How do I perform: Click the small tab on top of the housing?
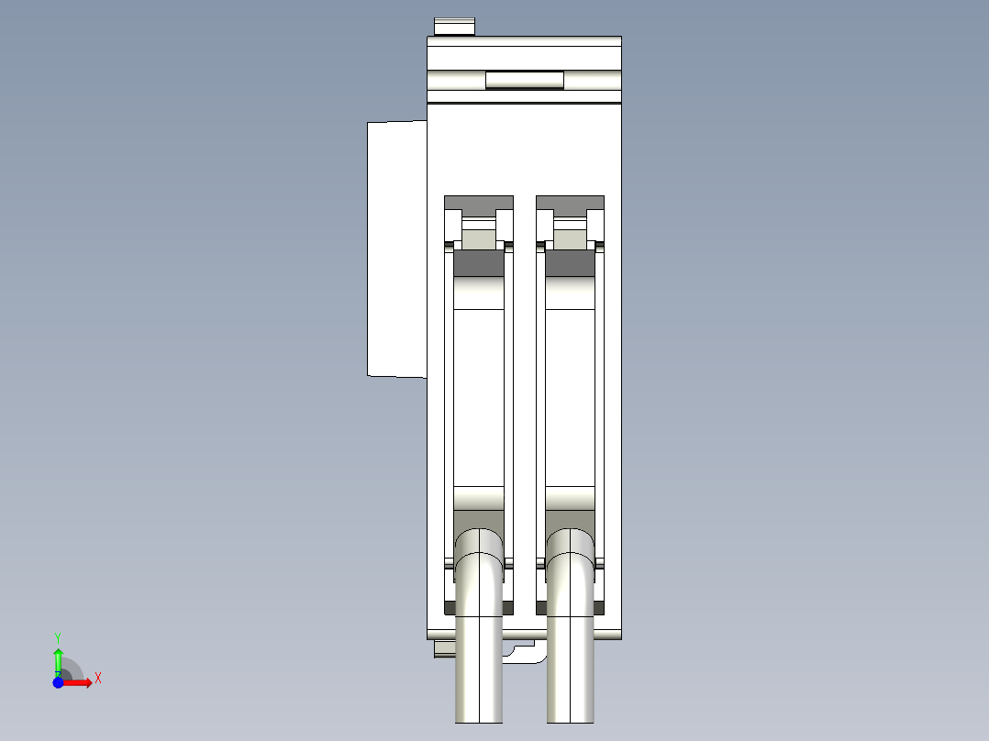click(454, 26)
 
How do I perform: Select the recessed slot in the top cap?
click(524, 81)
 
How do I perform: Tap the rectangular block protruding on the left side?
click(396, 249)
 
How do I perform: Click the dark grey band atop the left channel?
click(479, 263)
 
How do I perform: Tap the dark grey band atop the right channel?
click(571, 263)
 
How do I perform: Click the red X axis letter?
click(98, 679)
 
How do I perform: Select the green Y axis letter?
click(58, 636)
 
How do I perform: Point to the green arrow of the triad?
click(58, 658)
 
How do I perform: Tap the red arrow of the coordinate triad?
click(79, 682)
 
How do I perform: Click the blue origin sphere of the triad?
click(58, 682)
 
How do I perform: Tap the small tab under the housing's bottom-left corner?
click(444, 649)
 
